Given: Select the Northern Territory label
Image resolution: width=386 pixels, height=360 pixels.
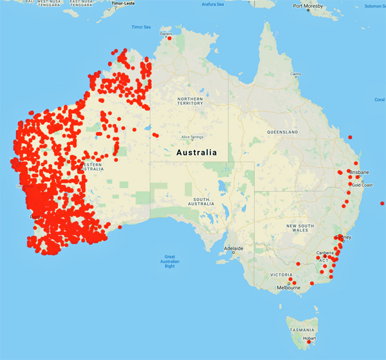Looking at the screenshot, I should pos(190,100).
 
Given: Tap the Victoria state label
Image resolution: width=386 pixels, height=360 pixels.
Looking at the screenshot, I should pos(281,275).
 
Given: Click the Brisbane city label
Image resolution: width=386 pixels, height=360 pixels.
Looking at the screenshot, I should pos(359,173).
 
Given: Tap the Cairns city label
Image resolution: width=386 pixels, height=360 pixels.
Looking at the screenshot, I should pos(296,75).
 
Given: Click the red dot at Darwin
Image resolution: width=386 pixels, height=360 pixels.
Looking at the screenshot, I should pos(170,38).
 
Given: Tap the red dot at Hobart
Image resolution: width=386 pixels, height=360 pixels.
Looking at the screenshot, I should pos(309,342).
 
